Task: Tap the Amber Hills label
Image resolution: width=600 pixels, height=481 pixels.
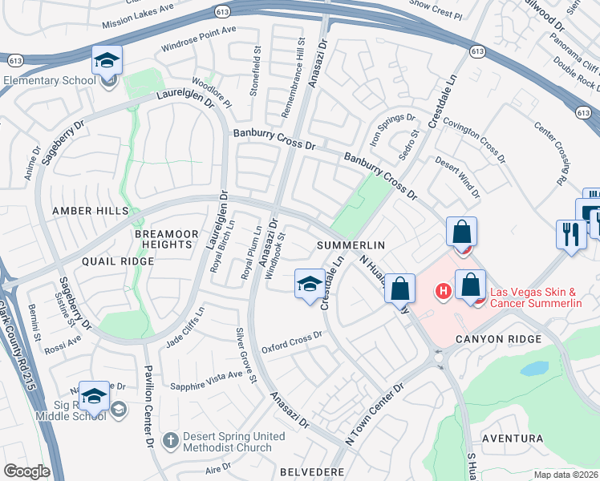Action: tap(90, 210)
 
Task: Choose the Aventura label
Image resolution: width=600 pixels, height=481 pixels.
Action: tap(513, 439)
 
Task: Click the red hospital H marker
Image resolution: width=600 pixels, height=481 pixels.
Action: tap(441, 290)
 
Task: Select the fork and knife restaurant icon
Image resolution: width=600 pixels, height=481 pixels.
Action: tap(570, 234)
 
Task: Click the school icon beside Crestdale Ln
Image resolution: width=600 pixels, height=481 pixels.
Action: tap(310, 284)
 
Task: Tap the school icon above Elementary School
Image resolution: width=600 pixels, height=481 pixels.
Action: tap(106, 61)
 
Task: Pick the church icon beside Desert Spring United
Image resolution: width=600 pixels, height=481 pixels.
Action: tap(169, 440)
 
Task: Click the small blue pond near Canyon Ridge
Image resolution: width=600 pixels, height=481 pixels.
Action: tap(532, 369)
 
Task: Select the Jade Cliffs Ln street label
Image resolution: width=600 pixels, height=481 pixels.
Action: tap(185, 328)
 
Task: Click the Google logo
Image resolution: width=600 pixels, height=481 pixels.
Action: tap(26, 471)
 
